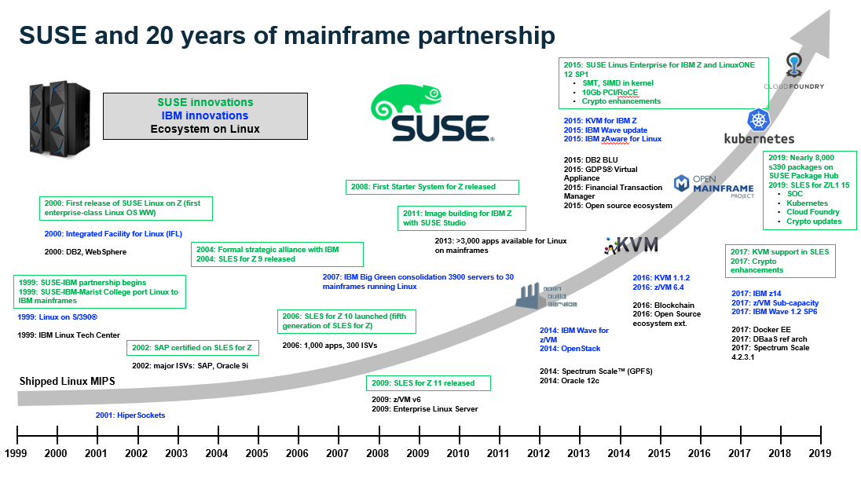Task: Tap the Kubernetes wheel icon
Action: point(760,121)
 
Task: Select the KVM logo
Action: point(625,245)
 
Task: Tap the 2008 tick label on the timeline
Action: point(377,453)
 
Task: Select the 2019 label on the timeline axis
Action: point(819,453)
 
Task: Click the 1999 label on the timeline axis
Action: point(16,453)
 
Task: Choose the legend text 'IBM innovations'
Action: point(205,115)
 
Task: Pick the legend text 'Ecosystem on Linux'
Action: point(205,129)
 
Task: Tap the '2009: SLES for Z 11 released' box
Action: point(428,383)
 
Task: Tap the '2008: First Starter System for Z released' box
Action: point(431,187)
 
